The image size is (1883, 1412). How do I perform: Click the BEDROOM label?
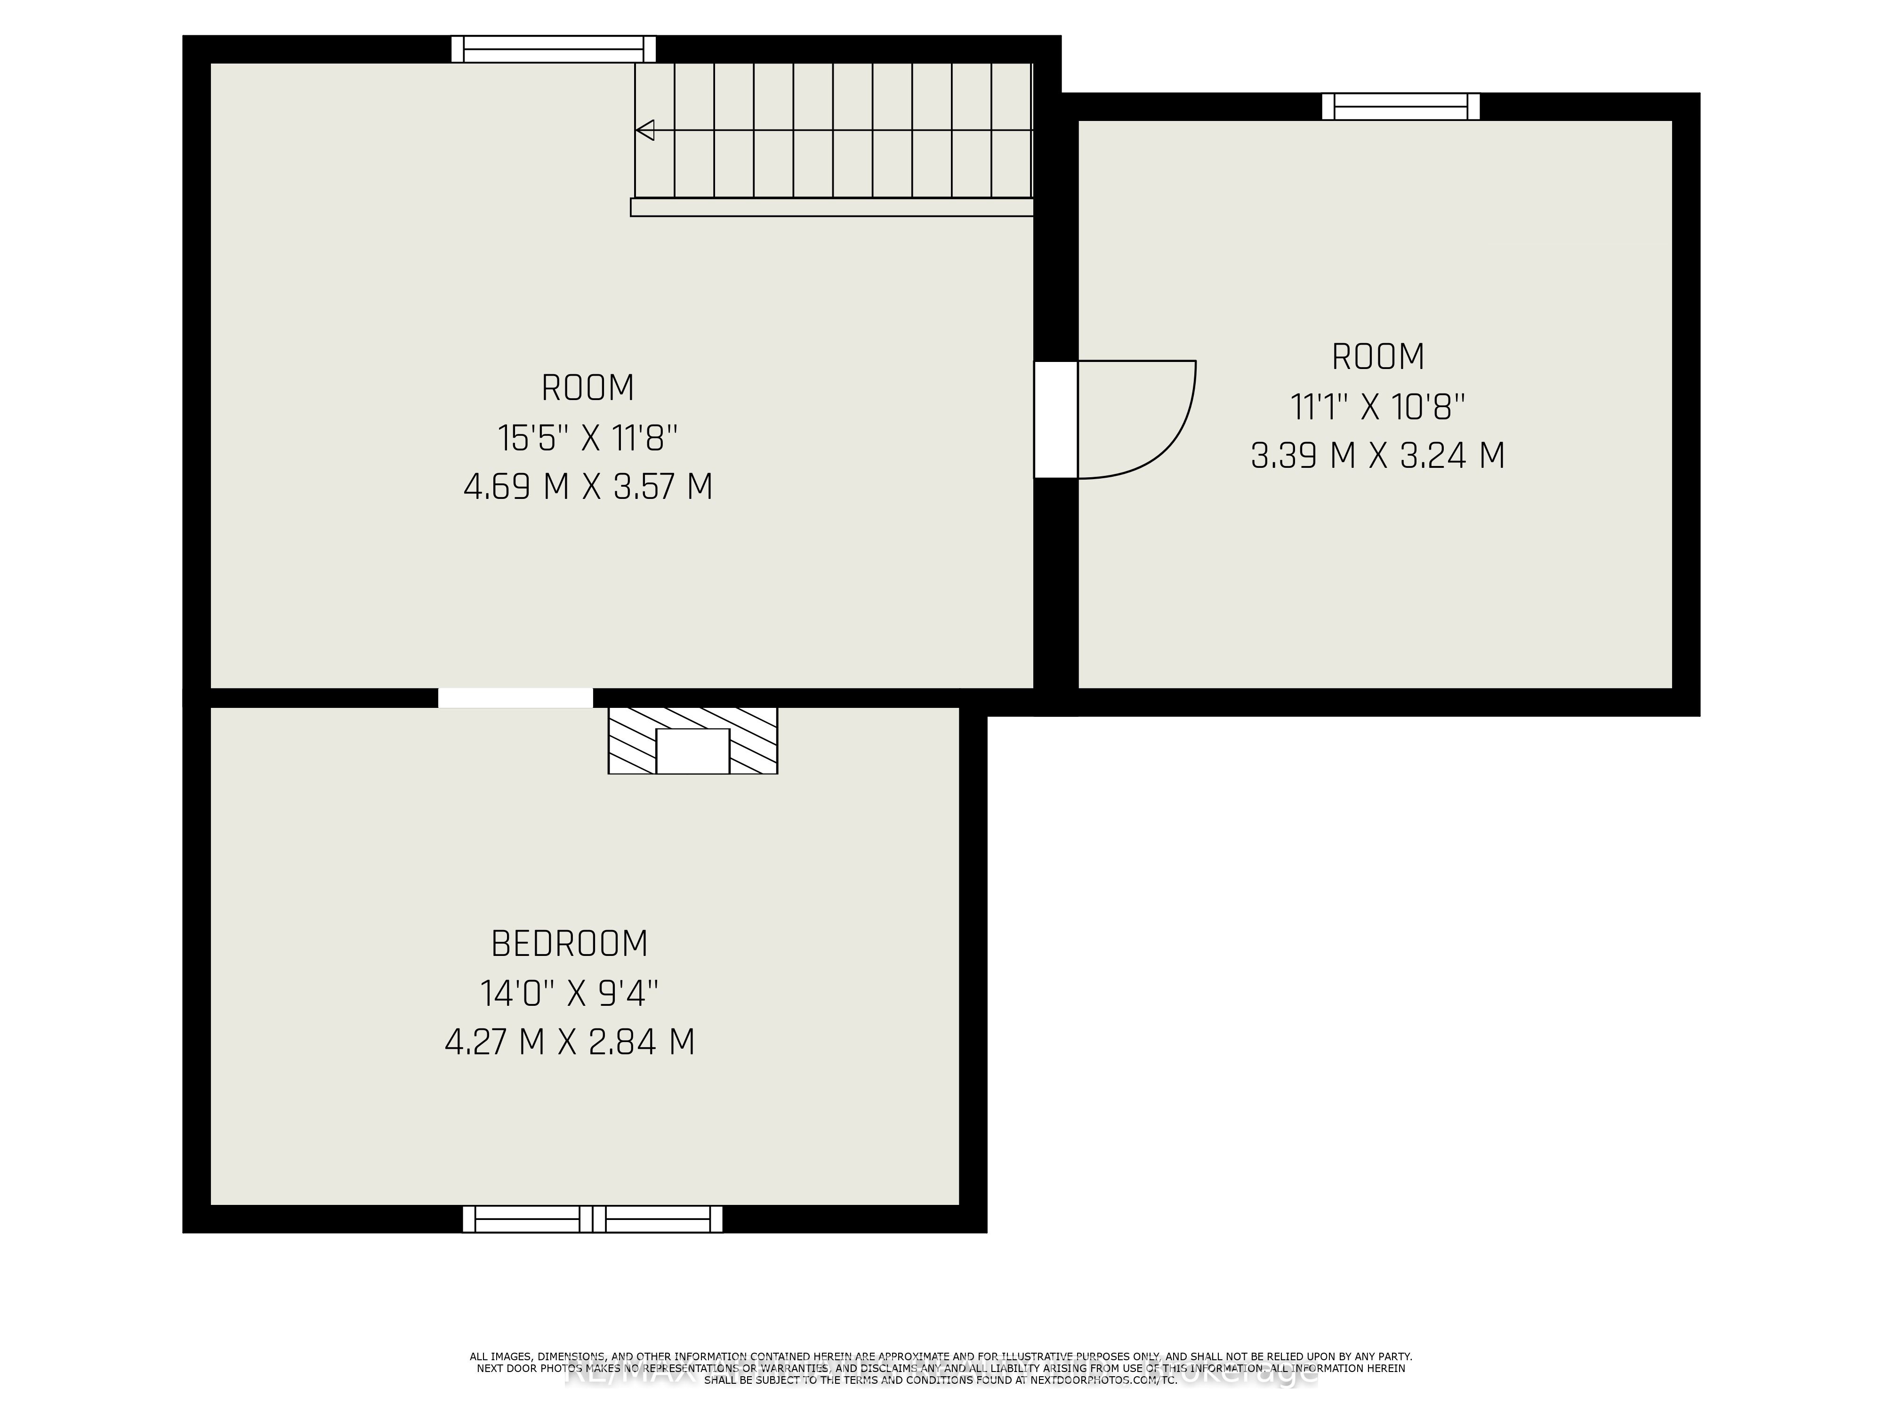click(x=570, y=943)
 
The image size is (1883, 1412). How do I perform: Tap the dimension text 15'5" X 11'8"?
click(x=587, y=438)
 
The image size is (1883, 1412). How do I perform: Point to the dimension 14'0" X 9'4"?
click(x=570, y=992)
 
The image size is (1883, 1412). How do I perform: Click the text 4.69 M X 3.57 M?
click(x=587, y=487)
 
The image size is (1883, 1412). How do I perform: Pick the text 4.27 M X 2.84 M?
click(x=570, y=1042)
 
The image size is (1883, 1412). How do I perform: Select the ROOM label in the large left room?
click(x=587, y=388)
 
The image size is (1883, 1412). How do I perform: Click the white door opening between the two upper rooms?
click(x=1055, y=420)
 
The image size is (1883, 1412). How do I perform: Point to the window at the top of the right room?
click(x=1400, y=106)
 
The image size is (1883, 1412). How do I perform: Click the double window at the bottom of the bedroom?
click(x=593, y=1219)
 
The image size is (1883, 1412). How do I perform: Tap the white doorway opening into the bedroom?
click(x=515, y=698)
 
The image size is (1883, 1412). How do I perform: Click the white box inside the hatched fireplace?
click(x=693, y=751)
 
